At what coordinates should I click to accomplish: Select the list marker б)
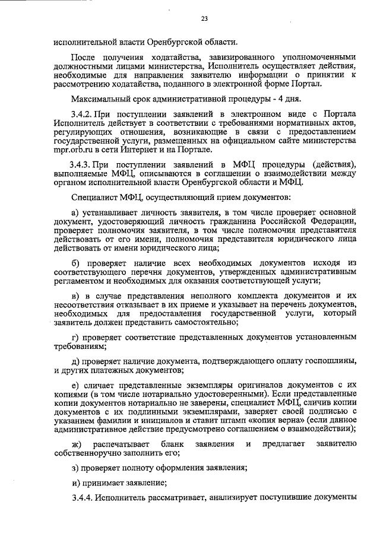75,262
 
